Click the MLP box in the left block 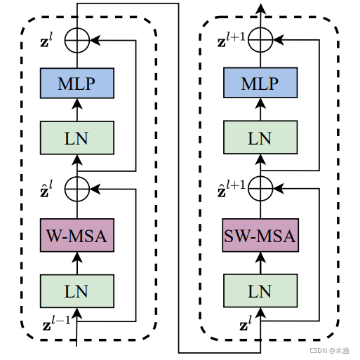[x=77, y=83]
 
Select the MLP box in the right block [x=260, y=83]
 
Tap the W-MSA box [x=77, y=235]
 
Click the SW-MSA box [x=260, y=235]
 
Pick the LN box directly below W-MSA [x=77, y=291]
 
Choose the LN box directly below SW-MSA [x=260, y=291]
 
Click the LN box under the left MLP [x=77, y=138]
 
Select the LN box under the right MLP [x=260, y=138]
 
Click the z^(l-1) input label [x=57, y=323]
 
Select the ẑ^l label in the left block [x=46, y=189]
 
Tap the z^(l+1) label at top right [x=231, y=40]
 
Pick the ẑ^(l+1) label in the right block [x=231, y=189]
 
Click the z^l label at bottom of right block [x=246, y=323]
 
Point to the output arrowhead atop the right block [x=260, y=8]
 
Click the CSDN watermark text [x=330, y=350]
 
